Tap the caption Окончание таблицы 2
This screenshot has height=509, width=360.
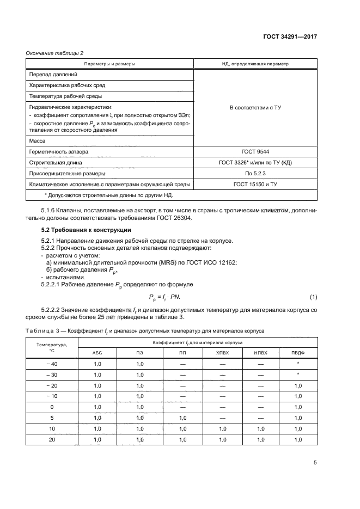(55, 53)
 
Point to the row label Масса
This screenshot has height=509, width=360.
(37, 140)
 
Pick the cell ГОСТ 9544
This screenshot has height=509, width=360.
(255, 151)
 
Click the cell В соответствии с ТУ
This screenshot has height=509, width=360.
(255, 108)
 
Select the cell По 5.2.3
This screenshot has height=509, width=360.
(255, 174)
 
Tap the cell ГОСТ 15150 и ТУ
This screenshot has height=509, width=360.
(255, 185)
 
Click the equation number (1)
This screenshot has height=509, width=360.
(313, 296)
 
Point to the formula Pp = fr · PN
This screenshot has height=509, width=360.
(168, 297)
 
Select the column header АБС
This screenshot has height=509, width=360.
(98, 352)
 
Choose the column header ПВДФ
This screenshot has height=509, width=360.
(297, 352)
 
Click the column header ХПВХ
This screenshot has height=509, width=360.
(223, 352)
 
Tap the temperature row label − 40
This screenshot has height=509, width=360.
(52, 363)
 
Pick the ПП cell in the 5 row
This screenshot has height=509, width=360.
(182, 418)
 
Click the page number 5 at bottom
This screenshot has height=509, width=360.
(315, 463)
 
